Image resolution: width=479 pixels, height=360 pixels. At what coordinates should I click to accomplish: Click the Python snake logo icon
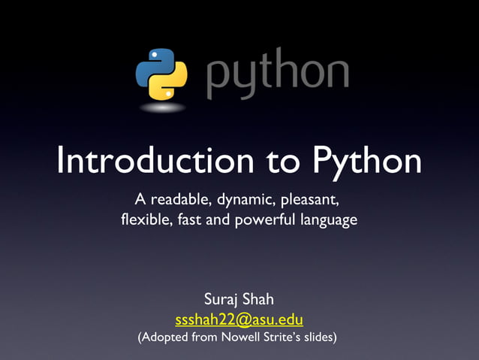[x=161, y=74]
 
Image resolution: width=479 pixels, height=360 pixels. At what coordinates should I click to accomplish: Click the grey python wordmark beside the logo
[x=276, y=74]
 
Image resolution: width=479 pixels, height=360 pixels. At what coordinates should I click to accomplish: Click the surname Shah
[x=260, y=300]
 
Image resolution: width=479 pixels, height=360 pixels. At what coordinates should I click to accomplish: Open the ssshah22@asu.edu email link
[x=239, y=319]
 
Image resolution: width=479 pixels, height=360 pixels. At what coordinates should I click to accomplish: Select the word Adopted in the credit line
[x=164, y=337]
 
